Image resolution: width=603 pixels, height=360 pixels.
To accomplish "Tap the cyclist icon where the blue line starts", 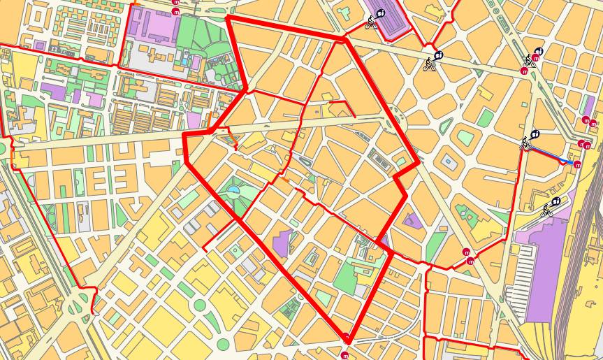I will click(x=527, y=143).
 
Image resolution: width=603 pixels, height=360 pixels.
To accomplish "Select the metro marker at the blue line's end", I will click(x=578, y=164).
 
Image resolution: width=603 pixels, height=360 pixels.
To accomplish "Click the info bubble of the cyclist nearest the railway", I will click(x=556, y=201).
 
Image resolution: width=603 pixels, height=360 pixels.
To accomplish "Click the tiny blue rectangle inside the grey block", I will click(x=448, y=160).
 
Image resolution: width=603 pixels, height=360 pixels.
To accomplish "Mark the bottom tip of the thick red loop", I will click(x=347, y=338).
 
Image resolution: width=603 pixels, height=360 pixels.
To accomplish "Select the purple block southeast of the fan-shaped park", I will click(x=284, y=242).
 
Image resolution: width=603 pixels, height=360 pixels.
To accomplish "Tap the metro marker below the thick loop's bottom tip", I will click(x=344, y=355).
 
